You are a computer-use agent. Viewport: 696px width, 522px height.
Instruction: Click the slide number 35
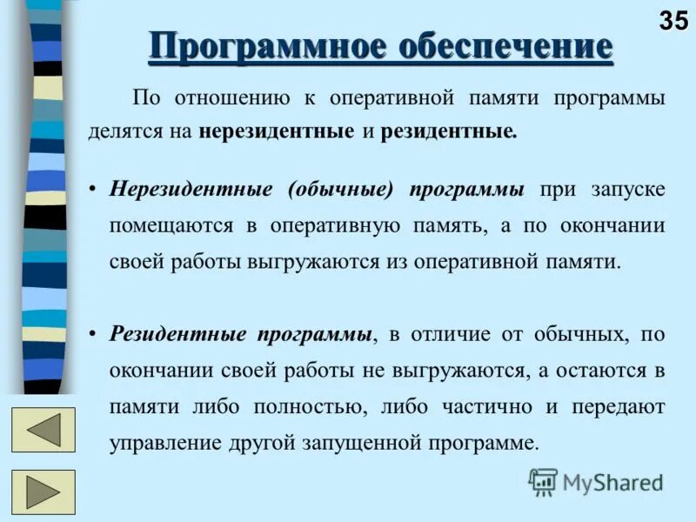pyautogui.click(x=673, y=20)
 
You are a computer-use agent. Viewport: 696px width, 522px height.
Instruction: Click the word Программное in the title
pyautogui.click(x=266, y=45)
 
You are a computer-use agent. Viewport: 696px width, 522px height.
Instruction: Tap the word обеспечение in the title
pyautogui.click(x=505, y=45)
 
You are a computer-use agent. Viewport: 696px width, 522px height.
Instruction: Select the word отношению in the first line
pyautogui.click(x=231, y=97)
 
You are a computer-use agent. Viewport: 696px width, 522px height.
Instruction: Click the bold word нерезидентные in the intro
pyautogui.click(x=276, y=132)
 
